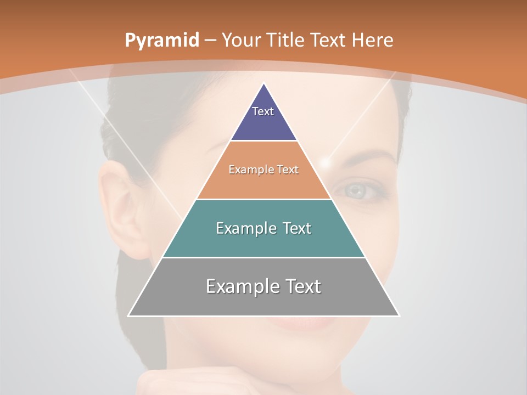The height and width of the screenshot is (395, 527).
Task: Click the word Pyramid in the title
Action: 161,41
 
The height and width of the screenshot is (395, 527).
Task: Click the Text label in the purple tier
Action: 263,111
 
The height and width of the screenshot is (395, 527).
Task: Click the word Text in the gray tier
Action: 301,286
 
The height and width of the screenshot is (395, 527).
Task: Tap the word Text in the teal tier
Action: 293,228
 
